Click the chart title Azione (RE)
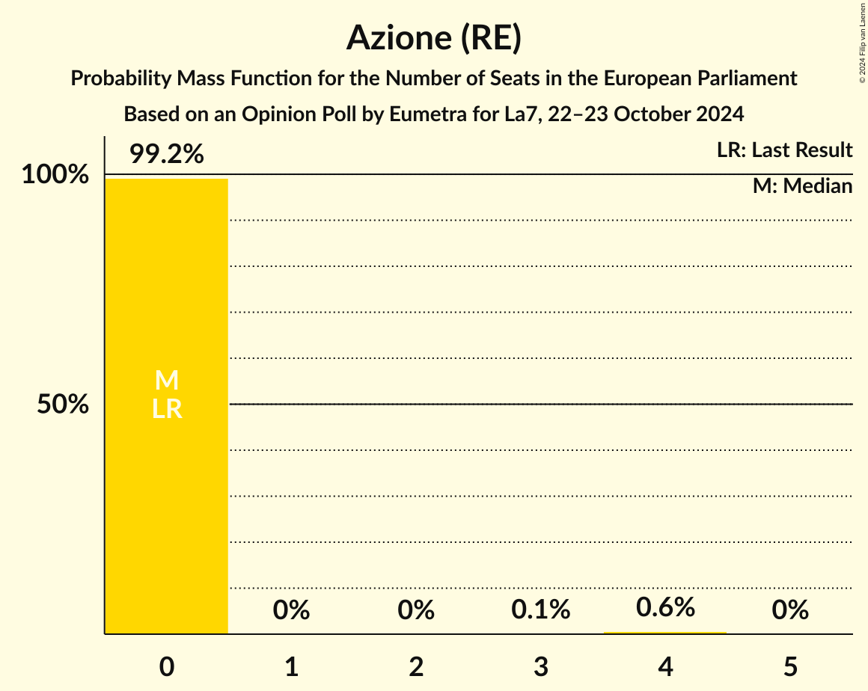click(x=433, y=38)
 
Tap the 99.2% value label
click(x=166, y=154)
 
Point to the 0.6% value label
click(x=665, y=606)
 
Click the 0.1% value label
click(x=540, y=610)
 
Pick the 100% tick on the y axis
click(x=55, y=175)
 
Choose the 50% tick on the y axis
click(x=63, y=405)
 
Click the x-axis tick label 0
click(x=166, y=666)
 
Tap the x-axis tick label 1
click(x=291, y=666)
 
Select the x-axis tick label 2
click(x=416, y=666)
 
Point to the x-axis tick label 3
click(x=540, y=666)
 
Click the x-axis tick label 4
click(x=665, y=666)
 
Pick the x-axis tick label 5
click(x=790, y=666)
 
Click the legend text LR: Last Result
click(x=784, y=150)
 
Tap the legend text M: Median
click(x=802, y=186)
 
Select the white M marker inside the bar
click(x=166, y=381)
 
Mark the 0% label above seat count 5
click(x=790, y=610)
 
